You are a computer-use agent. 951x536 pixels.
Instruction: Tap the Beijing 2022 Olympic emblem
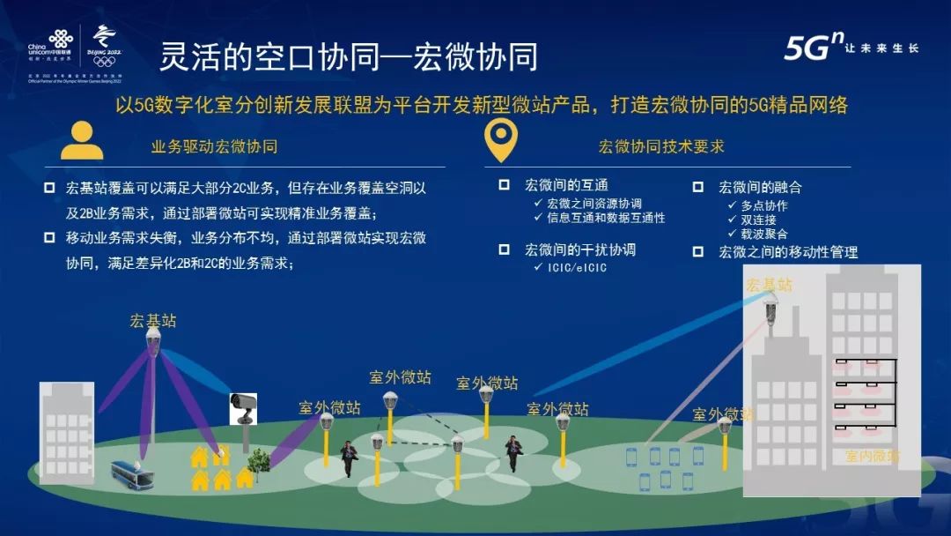[105, 46]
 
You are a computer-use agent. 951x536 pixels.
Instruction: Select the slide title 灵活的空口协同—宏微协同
[348, 57]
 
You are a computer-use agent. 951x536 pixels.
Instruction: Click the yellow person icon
[82, 140]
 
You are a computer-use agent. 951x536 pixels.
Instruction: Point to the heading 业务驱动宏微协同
[215, 146]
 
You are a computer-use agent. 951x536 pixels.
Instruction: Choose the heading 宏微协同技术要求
[661, 146]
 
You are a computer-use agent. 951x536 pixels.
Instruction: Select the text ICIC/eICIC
[577, 267]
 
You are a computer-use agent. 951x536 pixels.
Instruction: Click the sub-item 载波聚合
[763, 234]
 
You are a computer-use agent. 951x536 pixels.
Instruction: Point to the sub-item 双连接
[758, 220]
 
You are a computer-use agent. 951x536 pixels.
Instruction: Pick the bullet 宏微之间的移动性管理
[788, 252]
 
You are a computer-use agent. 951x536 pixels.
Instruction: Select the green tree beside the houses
[258, 461]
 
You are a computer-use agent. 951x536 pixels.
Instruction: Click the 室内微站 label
[873, 456]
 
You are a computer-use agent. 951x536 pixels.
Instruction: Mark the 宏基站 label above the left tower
[153, 321]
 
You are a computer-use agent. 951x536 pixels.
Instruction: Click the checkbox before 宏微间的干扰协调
[504, 249]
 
